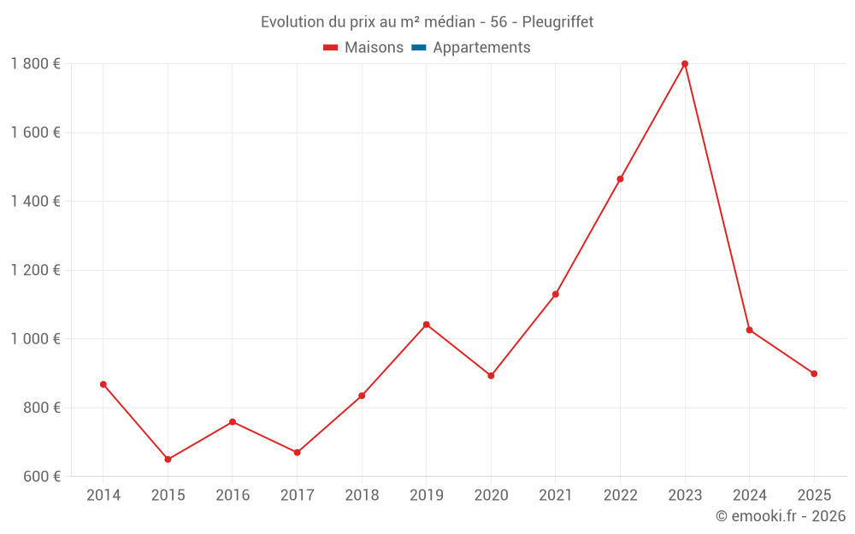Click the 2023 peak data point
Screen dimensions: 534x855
(685, 64)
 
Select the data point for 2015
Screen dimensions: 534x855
(168, 460)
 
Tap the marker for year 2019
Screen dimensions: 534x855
(427, 325)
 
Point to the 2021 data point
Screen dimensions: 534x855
(556, 295)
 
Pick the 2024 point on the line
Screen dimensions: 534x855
(750, 330)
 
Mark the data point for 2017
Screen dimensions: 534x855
(297, 453)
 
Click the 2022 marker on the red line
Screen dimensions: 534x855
(620, 179)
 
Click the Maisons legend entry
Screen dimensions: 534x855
(374, 48)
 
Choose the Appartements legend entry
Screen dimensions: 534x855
(481, 48)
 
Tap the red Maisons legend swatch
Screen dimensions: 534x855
(331, 48)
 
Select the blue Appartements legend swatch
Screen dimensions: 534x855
(419, 48)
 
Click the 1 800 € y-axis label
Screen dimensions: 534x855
(35, 64)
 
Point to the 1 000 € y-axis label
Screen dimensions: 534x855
(35, 339)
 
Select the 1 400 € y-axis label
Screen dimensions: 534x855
(35, 202)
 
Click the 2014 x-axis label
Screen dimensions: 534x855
(103, 496)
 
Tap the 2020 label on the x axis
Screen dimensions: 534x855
(491, 496)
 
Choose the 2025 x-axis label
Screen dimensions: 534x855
(814, 496)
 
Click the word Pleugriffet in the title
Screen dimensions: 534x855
(557, 22)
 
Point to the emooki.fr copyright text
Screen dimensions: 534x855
(780, 516)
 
